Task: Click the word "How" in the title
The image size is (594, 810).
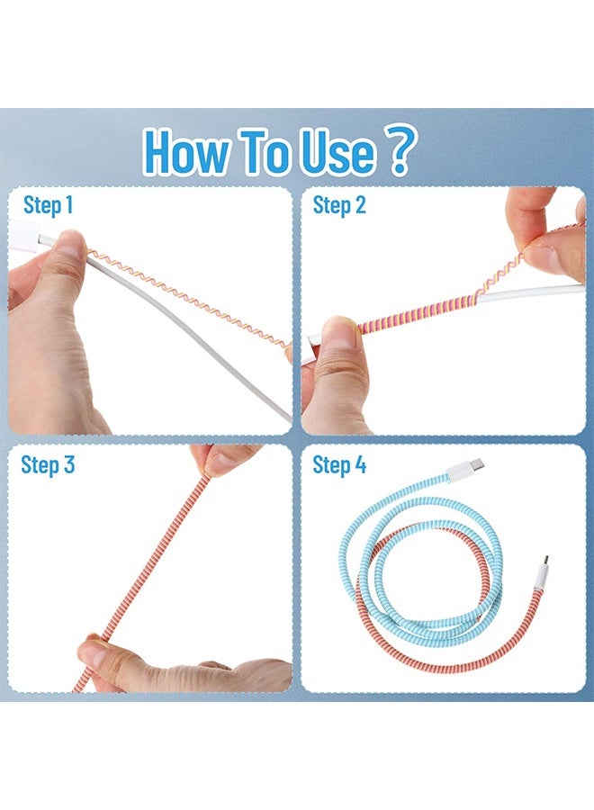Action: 185,152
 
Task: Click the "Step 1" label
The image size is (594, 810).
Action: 49,206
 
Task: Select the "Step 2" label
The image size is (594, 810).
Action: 339,206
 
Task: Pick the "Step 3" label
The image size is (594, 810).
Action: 49,465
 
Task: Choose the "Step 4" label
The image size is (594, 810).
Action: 339,465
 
